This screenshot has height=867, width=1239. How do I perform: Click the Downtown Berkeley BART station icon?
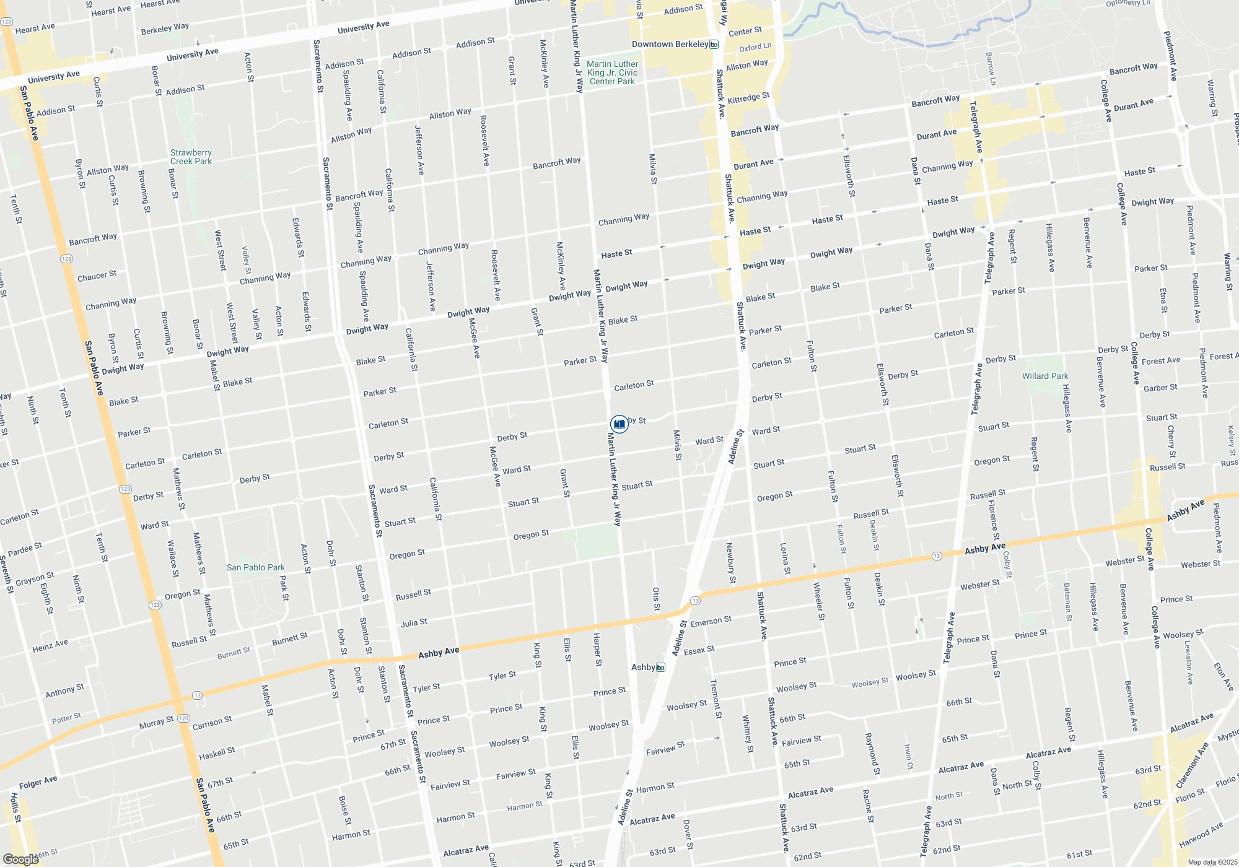click(714, 44)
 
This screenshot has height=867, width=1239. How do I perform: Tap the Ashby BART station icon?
click(661, 667)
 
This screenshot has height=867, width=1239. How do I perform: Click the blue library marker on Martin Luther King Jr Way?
click(619, 424)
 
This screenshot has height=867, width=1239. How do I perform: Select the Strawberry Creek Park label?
click(191, 157)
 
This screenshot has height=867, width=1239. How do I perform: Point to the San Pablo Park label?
click(255, 567)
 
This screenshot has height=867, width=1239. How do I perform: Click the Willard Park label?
click(1045, 376)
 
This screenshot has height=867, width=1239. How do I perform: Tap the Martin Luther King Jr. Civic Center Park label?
click(612, 72)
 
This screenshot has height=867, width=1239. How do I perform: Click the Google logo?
click(20, 859)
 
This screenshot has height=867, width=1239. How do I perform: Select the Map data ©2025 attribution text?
click(1212, 862)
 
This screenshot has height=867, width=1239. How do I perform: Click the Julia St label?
click(414, 622)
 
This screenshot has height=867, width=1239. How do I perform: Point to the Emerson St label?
click(711, 621)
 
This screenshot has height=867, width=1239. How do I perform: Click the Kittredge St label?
click(748, 98)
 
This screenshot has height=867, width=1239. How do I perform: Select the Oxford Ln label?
click(755, 47)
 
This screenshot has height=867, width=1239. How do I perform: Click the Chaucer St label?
click(97, 276)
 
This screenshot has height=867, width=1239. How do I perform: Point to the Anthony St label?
click(64, 691)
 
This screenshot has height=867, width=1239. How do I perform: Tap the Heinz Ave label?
click(50, 646)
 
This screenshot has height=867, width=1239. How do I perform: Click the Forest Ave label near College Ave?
click(1161, 360)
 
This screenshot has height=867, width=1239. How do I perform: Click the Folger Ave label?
click(38, 783)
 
